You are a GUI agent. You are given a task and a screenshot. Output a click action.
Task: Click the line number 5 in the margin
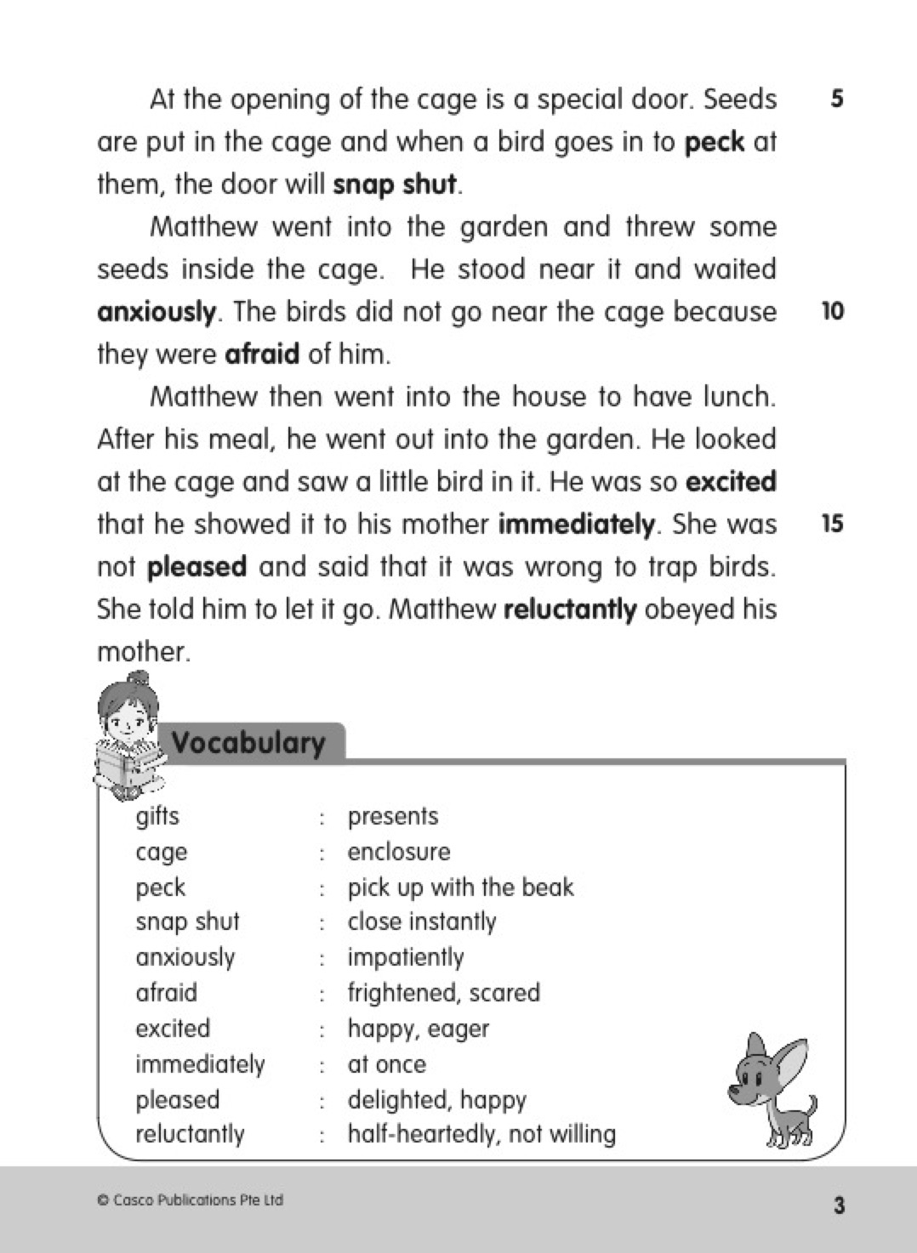click(x=837, y=99)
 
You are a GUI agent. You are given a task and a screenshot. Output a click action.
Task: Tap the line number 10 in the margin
click(x=833, y=311)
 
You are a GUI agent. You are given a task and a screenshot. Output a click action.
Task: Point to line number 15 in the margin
click(x=833, y=524)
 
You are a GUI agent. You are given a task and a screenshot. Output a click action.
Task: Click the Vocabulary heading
click(x=248, y=743)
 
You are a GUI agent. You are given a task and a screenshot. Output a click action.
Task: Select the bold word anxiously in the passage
click(x=157, y=312)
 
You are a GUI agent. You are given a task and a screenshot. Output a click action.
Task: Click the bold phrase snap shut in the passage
click(x=395, y=184)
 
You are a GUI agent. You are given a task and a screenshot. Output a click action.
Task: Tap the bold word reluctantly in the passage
click(x=570, y=609)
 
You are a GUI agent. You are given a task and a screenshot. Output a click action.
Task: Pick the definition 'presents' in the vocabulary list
click(x=393, y=816)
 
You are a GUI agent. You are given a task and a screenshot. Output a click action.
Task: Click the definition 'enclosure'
click(x=399, y=852)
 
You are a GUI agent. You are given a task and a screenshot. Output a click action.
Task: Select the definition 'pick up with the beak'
click(x=460, y=887)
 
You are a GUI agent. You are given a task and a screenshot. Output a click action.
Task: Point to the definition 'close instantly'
click(x=422, y=922)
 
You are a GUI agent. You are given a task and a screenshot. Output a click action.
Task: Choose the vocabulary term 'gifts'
click(x=157, y=816)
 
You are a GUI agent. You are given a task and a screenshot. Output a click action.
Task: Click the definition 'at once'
click(x=387, y=1064)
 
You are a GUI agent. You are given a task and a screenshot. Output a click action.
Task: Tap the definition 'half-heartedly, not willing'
click(x=481, y=1134)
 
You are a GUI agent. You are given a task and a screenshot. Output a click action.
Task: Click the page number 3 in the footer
click(x=839, y=1205)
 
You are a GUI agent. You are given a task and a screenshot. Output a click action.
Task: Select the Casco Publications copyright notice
click(x=191, y=1200)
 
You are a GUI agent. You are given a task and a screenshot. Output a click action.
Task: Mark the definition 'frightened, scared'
click(x=443, y=993)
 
